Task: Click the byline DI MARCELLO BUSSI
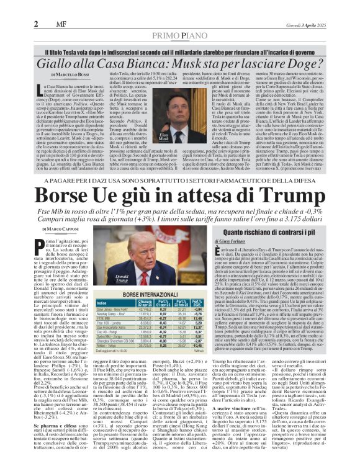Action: [55, 75]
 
